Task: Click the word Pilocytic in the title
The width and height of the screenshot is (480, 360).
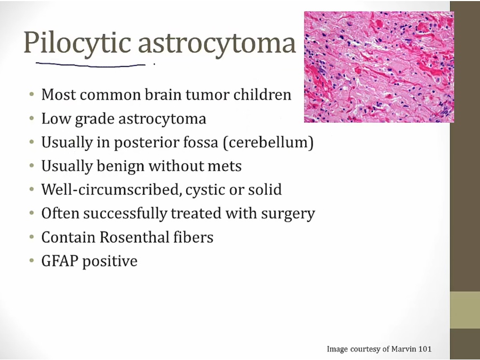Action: (77, 43)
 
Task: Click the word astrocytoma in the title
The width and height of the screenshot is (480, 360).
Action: (217, 43)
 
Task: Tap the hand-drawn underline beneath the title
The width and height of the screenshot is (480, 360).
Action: (91, 65)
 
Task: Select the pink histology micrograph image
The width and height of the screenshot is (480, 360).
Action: (379, 67)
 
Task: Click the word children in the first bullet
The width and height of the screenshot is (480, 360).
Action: (262, 94)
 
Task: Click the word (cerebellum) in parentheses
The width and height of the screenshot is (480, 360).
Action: (268, 142)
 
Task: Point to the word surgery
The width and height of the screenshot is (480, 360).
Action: (288, 214)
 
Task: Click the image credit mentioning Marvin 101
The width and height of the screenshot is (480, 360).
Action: (379, 349)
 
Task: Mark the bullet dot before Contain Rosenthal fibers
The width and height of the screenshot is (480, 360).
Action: (31, 237)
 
